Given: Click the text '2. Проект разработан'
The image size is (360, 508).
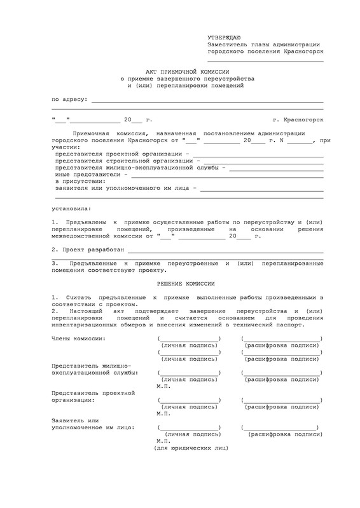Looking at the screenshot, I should pyautogui.click(x=83, y=251).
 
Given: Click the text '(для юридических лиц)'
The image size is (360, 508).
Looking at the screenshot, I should pyautogui.click(x=189, y=448).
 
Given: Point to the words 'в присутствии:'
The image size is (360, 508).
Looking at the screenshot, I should pyautogui.click(x=80, y=181).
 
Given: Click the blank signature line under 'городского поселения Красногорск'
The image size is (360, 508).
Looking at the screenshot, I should pyautogui.click(x=265, y=62).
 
